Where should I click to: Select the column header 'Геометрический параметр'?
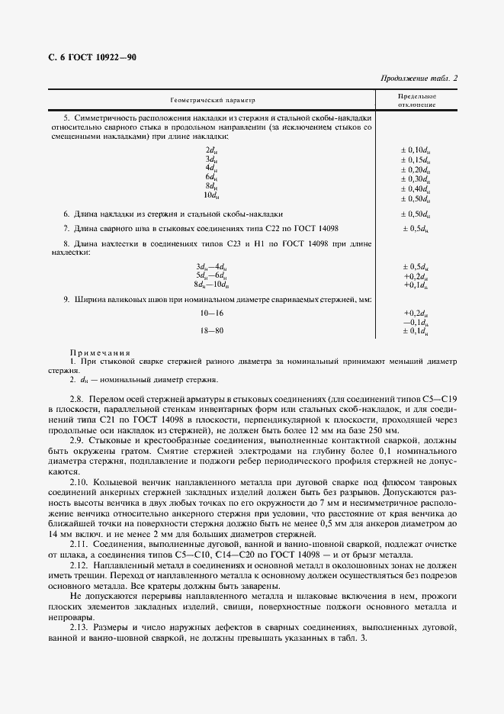(x=213, y=100)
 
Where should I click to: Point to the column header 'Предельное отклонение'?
(x=416, y=100)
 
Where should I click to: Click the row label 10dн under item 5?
(x=210, y=197)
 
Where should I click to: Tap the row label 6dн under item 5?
(x=211, y=177)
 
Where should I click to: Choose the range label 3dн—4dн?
(x=210, y=265)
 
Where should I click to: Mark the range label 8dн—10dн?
(x=210, y=284)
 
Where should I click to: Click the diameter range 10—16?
(x=211, y=314)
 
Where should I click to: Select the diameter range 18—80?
(x=211, y=330)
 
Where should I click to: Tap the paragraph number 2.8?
(x=78, y=399)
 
